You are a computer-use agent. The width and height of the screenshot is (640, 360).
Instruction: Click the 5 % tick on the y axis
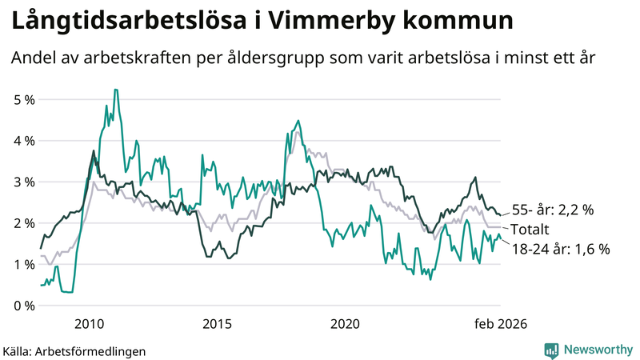tap(24, 99)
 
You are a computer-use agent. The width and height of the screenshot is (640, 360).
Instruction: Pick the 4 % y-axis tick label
tap(24, 141)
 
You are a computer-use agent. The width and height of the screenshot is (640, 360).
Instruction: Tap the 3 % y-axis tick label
tap(24, 182)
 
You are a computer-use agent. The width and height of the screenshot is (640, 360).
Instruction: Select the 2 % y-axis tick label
tap(24, 223)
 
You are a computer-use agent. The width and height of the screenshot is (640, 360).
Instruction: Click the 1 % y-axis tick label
tap(24, 264)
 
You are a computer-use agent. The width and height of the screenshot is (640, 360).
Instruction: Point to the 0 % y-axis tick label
tap(24, 306)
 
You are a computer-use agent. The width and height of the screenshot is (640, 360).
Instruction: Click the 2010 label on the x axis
tap(89, 324)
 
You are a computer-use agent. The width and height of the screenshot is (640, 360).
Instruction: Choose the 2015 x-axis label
tap(217, 324)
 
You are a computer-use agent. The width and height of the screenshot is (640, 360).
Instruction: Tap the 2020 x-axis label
tap(346, 324)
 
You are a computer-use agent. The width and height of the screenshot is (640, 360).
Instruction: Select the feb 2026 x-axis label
tap(501, 324)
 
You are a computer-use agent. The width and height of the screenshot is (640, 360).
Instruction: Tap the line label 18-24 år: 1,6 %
tap(560, 249)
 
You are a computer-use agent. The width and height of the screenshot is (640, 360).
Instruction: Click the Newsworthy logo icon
tap(551, 350)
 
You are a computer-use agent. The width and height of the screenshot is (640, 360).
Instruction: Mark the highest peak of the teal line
tap(116, 90)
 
